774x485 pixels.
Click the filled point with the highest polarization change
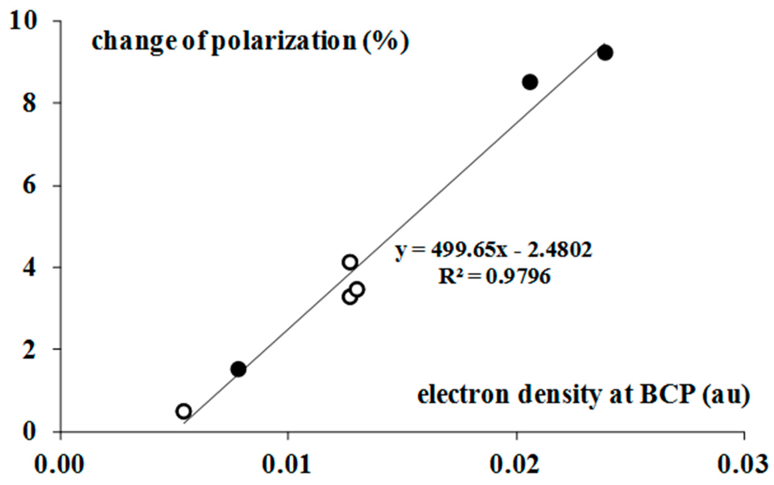pyautogui.click(x=605, y=52)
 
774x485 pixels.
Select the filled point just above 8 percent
pyautogui.click(x=530, y=82)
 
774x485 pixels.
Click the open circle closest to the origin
pyautogui.click(x=184, y=411)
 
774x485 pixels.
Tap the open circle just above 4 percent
pyautogui.click(x=350, y=262)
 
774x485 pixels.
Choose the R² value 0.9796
pyautogui.click(x=518, y=277)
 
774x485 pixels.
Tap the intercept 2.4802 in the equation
pyautogui.click(x=559, y=250)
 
